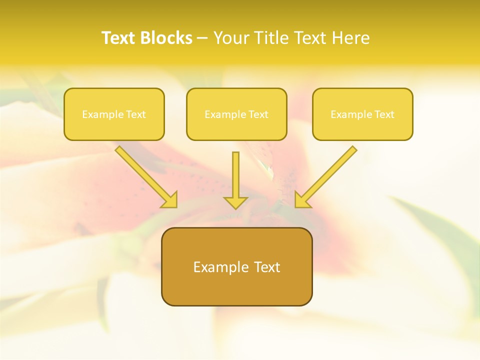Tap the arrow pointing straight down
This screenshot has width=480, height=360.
tap(235, 175)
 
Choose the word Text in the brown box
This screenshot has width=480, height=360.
tap(267, 267)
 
